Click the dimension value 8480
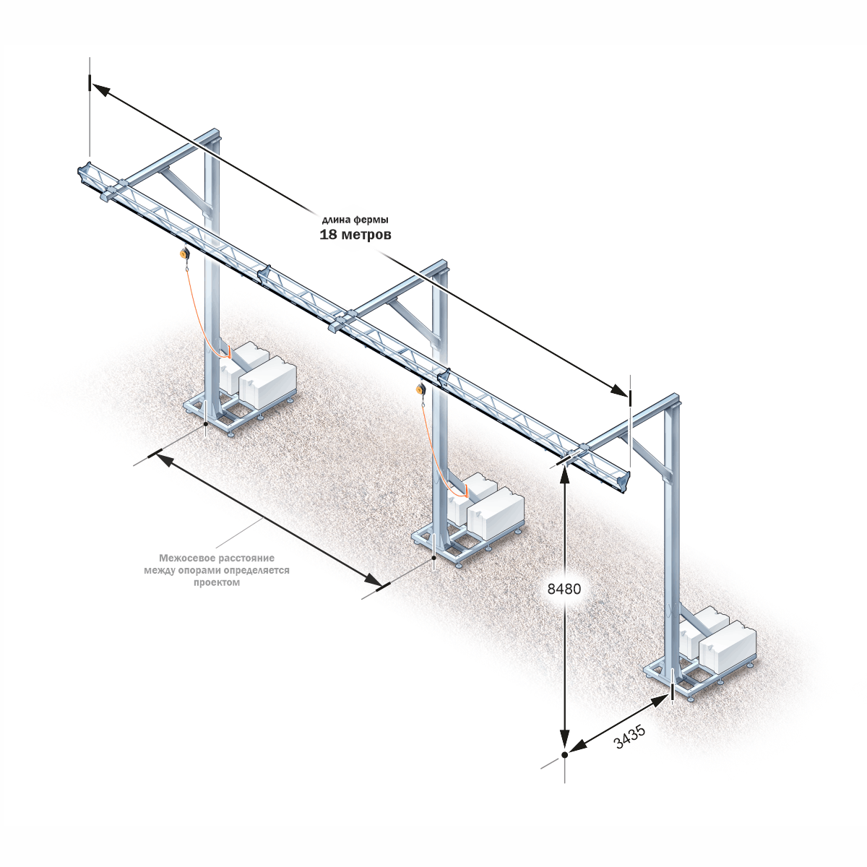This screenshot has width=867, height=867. [x=564, y=589]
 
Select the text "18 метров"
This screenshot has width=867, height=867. [x=355, y=235]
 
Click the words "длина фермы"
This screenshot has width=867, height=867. [x=355, y=220]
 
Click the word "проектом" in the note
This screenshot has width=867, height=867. [x=217, y=582]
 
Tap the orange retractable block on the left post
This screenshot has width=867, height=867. [x=185, y=254]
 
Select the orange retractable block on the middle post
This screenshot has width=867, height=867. [x=421, y=388]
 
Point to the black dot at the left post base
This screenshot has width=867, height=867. [x=206, y=424]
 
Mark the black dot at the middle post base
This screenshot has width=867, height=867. [x=433, y=558]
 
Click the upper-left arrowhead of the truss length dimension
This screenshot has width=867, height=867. [x=100, y=90]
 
